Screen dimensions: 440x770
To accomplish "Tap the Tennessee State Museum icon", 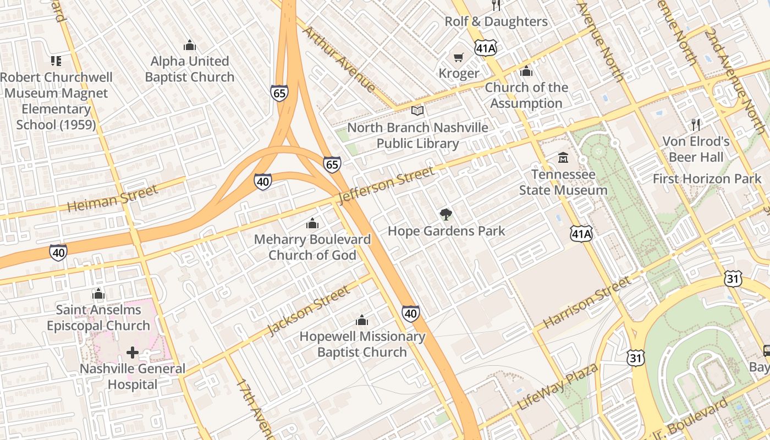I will [563, 158].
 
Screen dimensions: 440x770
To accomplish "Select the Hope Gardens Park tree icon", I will [446, 215].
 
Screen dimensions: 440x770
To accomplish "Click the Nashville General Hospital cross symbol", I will [132, 352].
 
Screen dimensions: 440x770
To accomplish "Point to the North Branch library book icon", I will [417, 111].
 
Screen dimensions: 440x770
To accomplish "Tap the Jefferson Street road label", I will [387, 185].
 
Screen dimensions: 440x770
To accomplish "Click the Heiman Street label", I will [112, 199].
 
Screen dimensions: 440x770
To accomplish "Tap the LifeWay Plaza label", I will [558, 387].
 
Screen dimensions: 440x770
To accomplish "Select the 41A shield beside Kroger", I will [486, 48].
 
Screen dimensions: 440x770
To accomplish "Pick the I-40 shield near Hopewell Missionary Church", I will [410, 313].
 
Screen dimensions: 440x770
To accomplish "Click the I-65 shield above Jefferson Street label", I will [332, 164].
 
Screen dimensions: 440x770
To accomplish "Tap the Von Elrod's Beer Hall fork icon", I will [696, 125].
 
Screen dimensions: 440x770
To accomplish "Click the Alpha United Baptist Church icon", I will [190, 45].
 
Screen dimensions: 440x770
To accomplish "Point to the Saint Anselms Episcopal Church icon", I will [98, 294].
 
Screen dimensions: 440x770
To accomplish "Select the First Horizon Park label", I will [707, 179].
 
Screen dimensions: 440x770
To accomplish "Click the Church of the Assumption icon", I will [526, 71].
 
